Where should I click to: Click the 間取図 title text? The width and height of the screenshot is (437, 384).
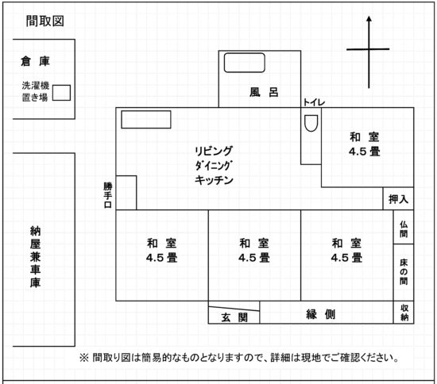pos(44,21)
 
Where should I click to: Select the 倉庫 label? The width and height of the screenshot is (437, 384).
pos(35,61)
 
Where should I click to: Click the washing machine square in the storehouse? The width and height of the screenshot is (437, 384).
pos(62,93)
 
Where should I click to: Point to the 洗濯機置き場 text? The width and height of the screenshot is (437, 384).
pos(35,91)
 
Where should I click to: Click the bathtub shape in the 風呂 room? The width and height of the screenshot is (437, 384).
pos(245,63)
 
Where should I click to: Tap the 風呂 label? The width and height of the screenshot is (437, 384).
pos(264,92)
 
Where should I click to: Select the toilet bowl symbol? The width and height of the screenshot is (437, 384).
pos(311,123)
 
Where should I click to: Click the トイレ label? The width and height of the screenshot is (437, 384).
pos(314,102)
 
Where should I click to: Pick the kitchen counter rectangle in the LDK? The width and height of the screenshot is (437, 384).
pos(146,119)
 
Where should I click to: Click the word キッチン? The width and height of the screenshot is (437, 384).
pos(214,180)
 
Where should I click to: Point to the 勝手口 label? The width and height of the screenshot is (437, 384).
pos(107,195)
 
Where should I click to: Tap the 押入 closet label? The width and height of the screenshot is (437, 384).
pos(398,199)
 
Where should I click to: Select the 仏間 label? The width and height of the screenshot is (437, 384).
pos(404,229)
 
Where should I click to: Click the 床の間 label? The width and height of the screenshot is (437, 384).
pos(404,272)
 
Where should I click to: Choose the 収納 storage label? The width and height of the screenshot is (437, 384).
pos(404,313)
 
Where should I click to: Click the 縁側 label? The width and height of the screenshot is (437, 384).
pos(320,314)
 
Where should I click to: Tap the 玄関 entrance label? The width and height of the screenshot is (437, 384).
pos(234,317)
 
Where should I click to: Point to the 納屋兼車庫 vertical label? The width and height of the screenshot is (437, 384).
pos(36,256)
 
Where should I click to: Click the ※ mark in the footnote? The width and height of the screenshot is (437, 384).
pos(84,358)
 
